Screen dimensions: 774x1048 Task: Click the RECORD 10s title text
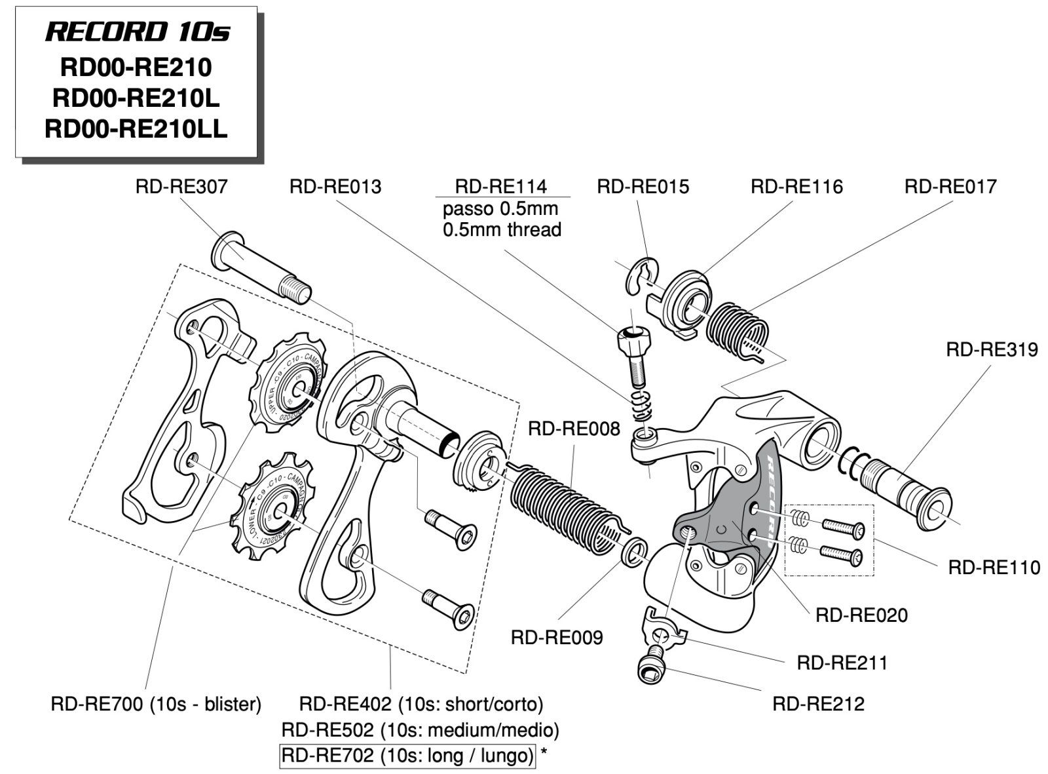[x=138, y=31]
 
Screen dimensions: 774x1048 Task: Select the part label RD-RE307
[x=181, y=187]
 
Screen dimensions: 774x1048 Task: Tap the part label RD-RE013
[x=335, y=187]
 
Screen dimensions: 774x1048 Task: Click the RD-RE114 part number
[x=501, y=187]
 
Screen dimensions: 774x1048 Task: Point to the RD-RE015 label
[x=643, y=187]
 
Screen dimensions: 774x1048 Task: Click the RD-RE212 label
[x=818, y=704]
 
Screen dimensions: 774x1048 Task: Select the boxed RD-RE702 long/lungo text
[x=407, y=756]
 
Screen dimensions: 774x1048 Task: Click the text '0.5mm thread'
[x=502, y=229]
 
